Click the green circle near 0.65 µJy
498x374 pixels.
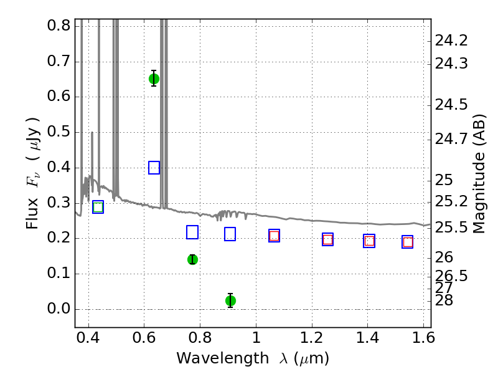click(154, 79)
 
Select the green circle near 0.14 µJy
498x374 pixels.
click(192, 259)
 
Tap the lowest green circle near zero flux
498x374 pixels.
click(230, 300)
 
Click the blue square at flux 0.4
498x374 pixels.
click(154, 168)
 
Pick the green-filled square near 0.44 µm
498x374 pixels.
click(98, 207)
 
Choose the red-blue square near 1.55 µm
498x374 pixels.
click(408, 242)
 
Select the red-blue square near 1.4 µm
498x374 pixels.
click(369, 241)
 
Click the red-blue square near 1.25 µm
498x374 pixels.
click(328, 239)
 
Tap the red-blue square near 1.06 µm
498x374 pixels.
click(274, 236)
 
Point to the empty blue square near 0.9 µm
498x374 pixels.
click(230, 234)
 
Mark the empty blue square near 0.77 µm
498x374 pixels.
click(192, 232)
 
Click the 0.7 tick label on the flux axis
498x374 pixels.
click(59, 60)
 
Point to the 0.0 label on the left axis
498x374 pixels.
click(59, 309)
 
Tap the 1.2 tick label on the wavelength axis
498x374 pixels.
click(312, 337)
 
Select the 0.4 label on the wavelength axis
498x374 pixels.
click(88, 337)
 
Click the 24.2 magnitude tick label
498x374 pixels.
click(451, 41)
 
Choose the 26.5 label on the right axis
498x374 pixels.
click(451, 276)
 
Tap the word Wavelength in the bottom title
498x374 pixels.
click(223, 358)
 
